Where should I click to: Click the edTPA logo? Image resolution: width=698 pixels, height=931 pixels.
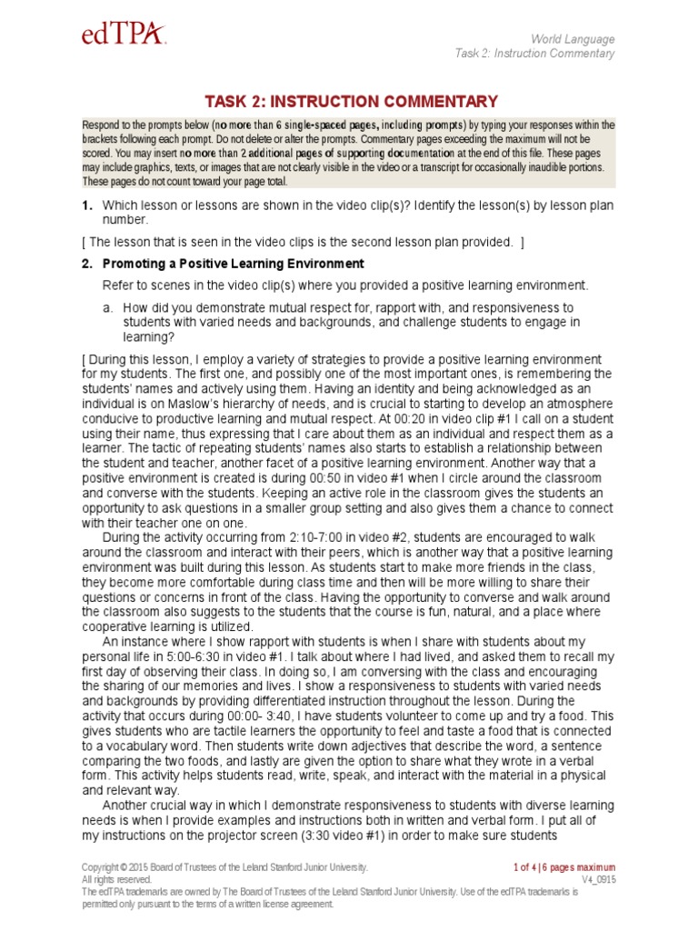(125, 35)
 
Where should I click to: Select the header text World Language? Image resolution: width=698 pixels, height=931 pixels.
(573, 39)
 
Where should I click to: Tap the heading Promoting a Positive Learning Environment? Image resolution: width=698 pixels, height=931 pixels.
(233, 264)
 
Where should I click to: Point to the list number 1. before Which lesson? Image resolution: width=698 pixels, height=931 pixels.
(87, 205)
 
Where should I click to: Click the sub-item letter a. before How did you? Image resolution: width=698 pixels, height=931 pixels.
(109, 307)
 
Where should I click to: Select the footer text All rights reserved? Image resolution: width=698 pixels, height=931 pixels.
(116, 880)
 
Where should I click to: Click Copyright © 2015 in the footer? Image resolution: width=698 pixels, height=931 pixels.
(119, 867)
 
